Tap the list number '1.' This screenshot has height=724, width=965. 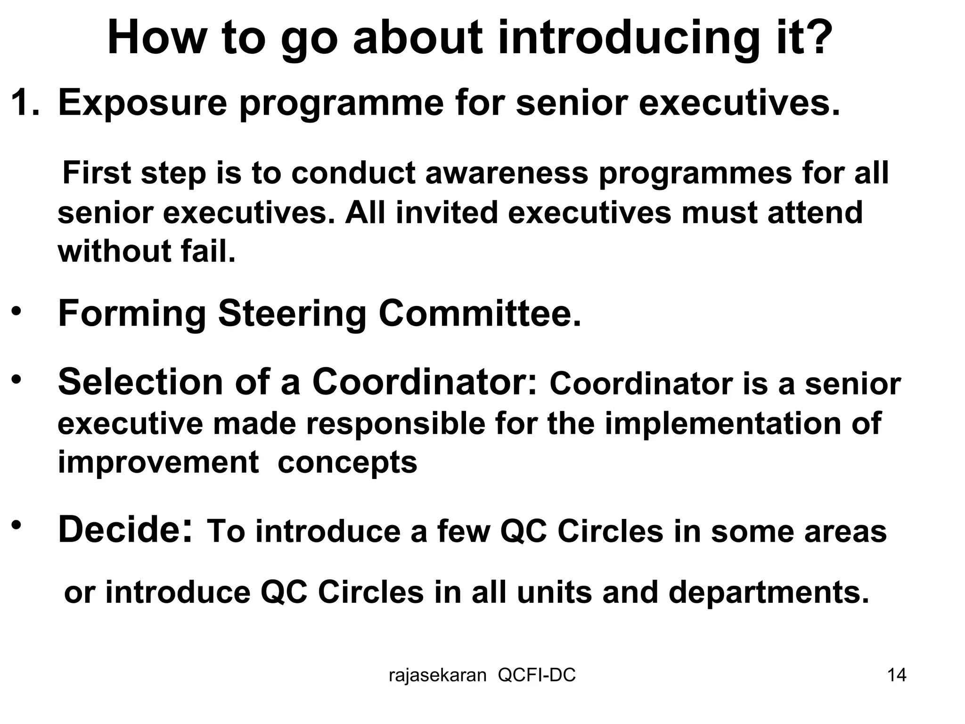pyautogui.click(x=25, y=102)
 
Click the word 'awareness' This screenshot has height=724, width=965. pyautogui.click(x=507, y=173)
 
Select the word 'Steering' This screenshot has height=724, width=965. pyautogui.click(x=292, y=314)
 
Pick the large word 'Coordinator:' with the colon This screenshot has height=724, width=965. pyautogui.click(x=425, y=382)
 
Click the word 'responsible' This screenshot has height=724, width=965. pyautogui.click(x=396, y=423)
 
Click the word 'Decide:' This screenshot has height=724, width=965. pyautogui.click(x=125, y=530)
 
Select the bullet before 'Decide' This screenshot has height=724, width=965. pyautogui.click(x=17, y=525)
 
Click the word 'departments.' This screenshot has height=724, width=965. pyautogui.click(x=769, y=592)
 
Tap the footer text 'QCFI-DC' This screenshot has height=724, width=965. pyautogui.click(x=537, y=675)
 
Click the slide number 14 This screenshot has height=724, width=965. pyautogui.click(x=897, y=675)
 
